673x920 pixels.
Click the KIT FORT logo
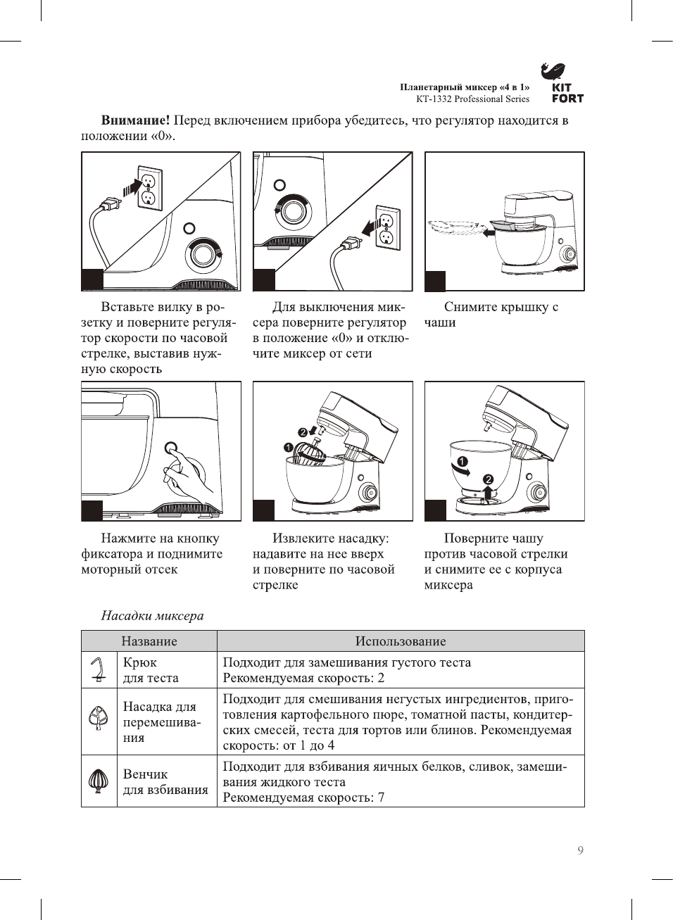click(x=562, y=83)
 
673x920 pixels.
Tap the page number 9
click(x=580, y=850)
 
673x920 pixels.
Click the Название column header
click(x=149, y=641)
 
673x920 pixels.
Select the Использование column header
click(x=400, y=641)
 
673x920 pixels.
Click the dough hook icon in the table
click(x=99, y=669)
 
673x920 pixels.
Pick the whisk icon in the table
click(x=99, y=781)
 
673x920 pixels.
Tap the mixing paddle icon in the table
click(x=99, y=719)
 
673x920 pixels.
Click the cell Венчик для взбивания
click(x=166, y=781)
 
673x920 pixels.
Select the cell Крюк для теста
click(x=151, y=670)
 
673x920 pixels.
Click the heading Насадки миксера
click(x=152, y=616)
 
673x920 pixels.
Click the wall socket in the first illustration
click(x=149, y=188)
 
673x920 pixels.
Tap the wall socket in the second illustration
click(x=386, y=228)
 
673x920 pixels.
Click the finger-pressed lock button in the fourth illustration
click(x=170, y=448)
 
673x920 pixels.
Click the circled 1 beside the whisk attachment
click(x=288, y=447)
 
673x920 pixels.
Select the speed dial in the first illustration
click(x=203, y=254)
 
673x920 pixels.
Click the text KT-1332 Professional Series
click(x=472, y=99)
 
